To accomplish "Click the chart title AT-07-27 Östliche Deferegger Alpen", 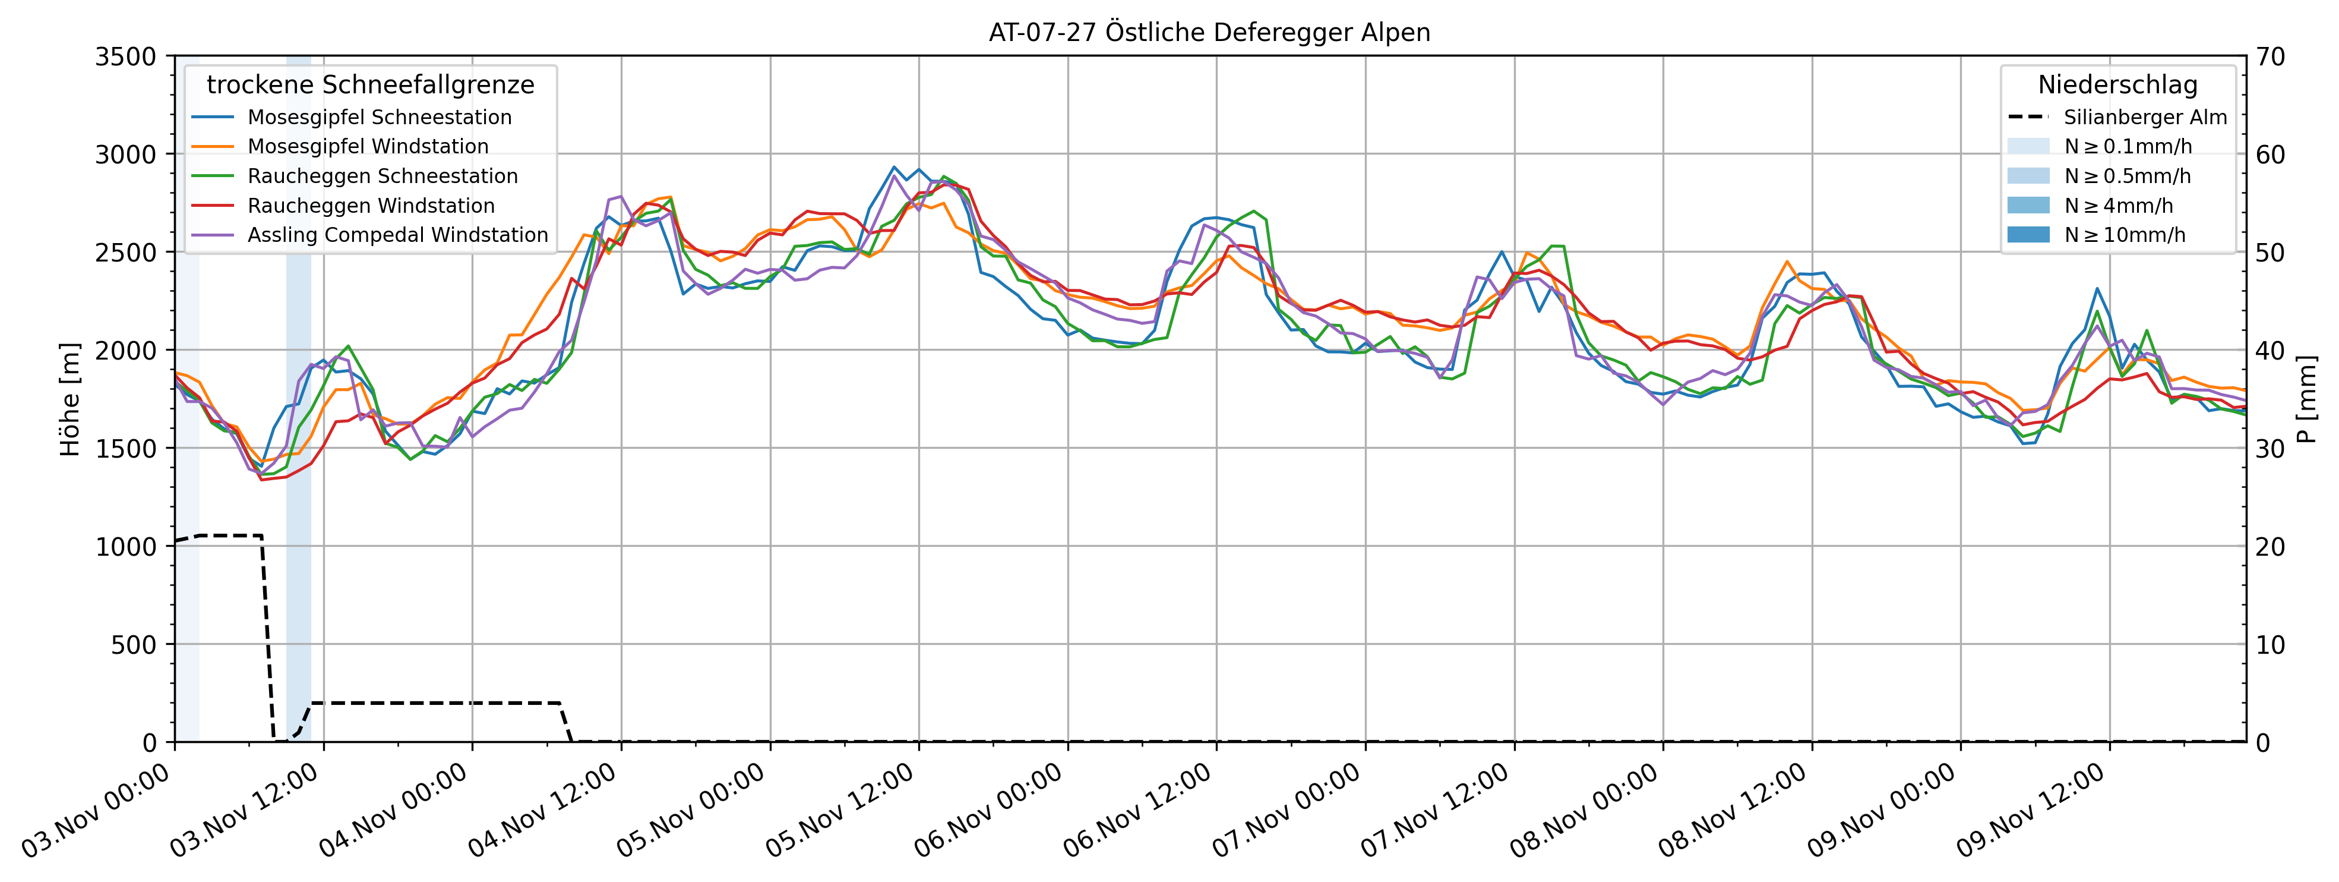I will pos(1209,33).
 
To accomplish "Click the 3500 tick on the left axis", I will pos(126,56).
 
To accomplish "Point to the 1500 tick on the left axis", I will pos(126,448).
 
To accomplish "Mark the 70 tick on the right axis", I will pos(2270,56).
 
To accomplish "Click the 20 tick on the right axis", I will pos(2270,546).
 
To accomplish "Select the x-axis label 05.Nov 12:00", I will pos(840,811).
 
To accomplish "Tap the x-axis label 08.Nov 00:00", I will pos(1585,811).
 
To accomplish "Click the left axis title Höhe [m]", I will pos(70,399).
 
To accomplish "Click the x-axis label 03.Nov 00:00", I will pos(96,811).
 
